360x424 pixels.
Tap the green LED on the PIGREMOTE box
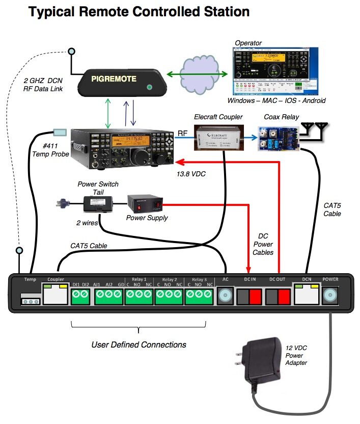click(x=150, y=87)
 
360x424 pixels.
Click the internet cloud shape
click(x=199, y=74)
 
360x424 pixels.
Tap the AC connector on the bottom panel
click(x=225, y=296)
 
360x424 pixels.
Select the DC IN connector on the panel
click(x=249, y=296)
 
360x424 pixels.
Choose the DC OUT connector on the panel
click(x=279, y=296)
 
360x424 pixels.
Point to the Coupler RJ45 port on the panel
click(x=55, y=295)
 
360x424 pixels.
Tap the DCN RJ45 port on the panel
click(x=307, y=295)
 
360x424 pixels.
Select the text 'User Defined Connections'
click(x=139, y=344)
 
